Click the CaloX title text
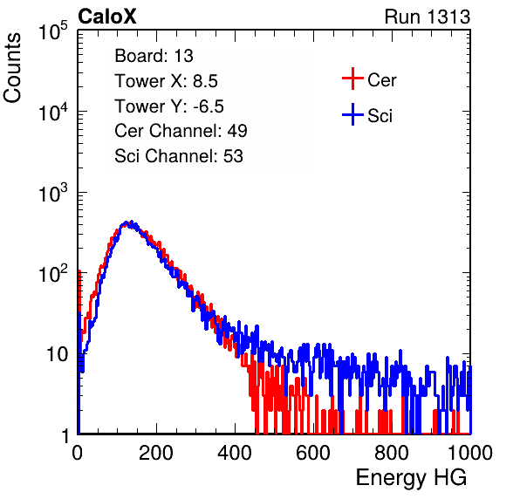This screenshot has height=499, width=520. pyautogui.click(x=106, y=17)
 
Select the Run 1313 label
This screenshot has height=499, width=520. pyautogui.click(x=428, y=17)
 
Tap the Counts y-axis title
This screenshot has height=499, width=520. pyautogui.click(x=12, y=68)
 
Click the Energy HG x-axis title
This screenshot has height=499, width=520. pyautogui.click(x=411, y=477)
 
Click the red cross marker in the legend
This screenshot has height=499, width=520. pyautogui.click(x=352, y=79)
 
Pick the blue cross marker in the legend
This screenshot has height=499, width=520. pyautogui.click(x=352, y=114)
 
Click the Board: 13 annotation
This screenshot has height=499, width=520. pyautogui.click(x=154, y=56)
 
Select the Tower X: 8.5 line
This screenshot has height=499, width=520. pyautogui.click(x=166, y=81)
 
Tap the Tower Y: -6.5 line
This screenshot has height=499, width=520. pyautogui.click(x=169, y=106)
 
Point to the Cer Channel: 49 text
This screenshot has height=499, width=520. pyautogui.click(x=181, y=131)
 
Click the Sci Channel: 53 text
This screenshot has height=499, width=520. pyautogui.click(x=179, y=156)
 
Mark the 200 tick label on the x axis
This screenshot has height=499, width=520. pyautogui.click(x=156, y=453)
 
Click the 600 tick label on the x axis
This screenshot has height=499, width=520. pyautogui.click(x=313, y=453)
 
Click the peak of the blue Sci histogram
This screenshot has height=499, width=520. pyautogui.click(x=132, y=222)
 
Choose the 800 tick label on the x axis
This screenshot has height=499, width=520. pyautogui.click(x=392, y=453)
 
